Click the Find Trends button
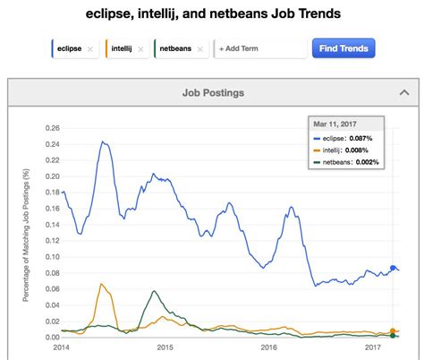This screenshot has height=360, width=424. click(343, 48)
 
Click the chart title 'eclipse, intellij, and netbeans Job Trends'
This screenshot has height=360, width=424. click(212, 15)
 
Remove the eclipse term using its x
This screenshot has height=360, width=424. click(90, 49)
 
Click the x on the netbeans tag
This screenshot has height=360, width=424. click(200, 49)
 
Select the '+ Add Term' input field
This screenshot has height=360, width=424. click(259, 49)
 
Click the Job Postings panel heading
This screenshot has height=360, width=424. click(212, 92)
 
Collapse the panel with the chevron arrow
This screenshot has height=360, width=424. click(404, 92)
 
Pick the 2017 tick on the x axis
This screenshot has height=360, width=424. click(372, 346)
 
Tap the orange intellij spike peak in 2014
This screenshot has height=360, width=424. click(102, 284)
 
